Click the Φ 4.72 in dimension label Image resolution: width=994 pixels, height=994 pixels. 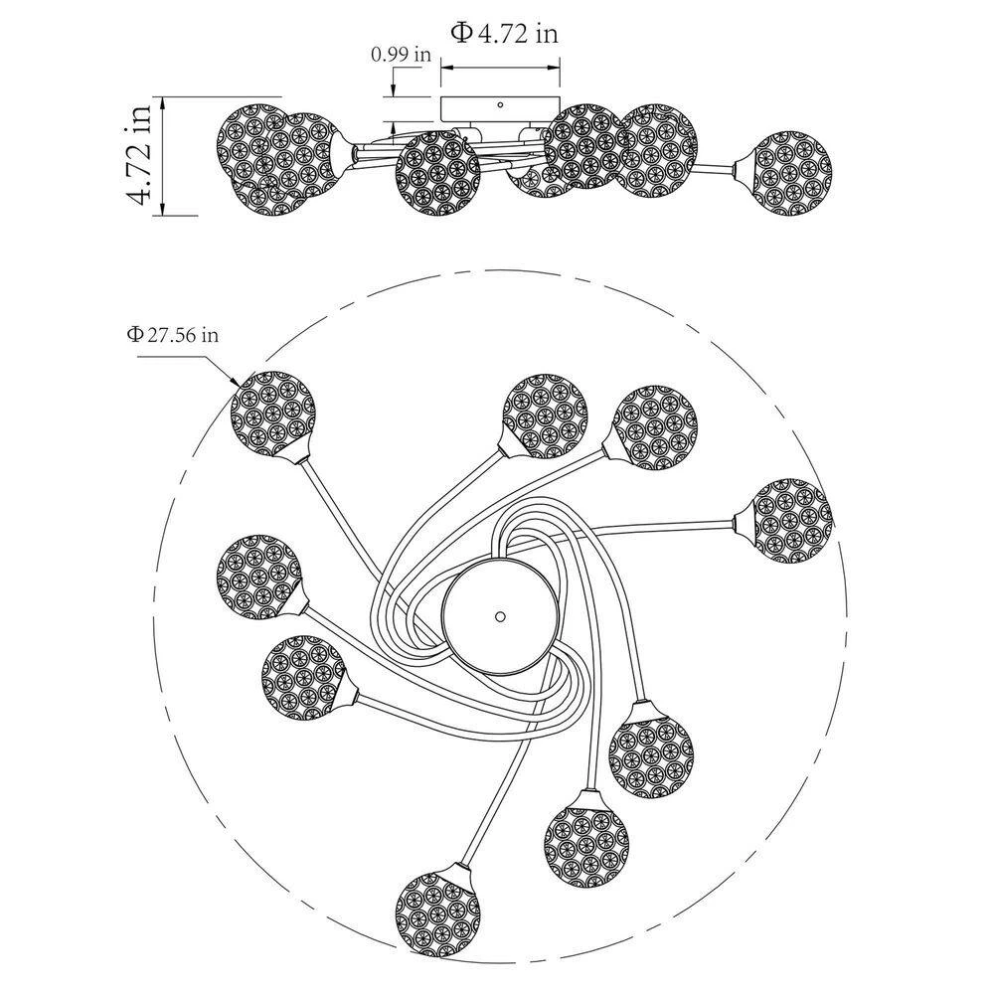[x=504, y=33]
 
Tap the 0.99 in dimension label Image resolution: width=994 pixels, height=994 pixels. [x=401, y=55]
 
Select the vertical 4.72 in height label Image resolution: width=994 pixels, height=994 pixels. [x=139, y=155]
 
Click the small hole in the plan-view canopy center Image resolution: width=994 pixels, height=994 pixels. [x=500, y=615]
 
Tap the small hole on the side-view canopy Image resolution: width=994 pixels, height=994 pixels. [x=500, y=104]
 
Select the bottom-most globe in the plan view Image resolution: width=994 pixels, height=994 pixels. [x=437, y=912]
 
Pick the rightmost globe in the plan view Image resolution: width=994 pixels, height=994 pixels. [x=791, y=521]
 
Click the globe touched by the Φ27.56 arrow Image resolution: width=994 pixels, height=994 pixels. [x=272, y=414]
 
